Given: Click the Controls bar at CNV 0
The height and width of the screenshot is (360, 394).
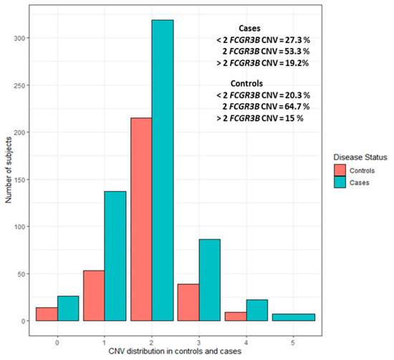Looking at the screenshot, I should point(46,314).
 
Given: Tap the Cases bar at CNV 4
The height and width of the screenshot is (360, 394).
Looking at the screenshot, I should point(256,310).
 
